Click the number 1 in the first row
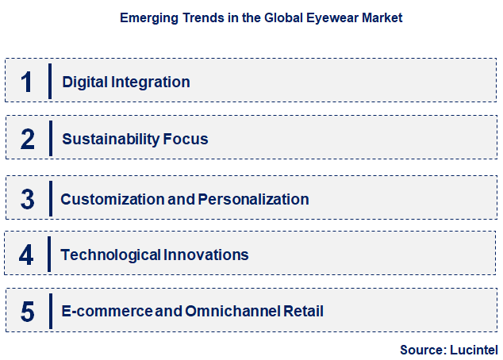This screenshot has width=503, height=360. [27, 81]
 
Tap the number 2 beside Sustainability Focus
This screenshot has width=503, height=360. [28, 139]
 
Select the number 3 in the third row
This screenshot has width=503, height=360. [28, 198]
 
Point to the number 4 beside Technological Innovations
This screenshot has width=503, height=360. [27, 255]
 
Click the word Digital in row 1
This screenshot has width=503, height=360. [83, 81]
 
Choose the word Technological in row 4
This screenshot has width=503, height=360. [110, 255]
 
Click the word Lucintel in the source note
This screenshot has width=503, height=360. [473, 349]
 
